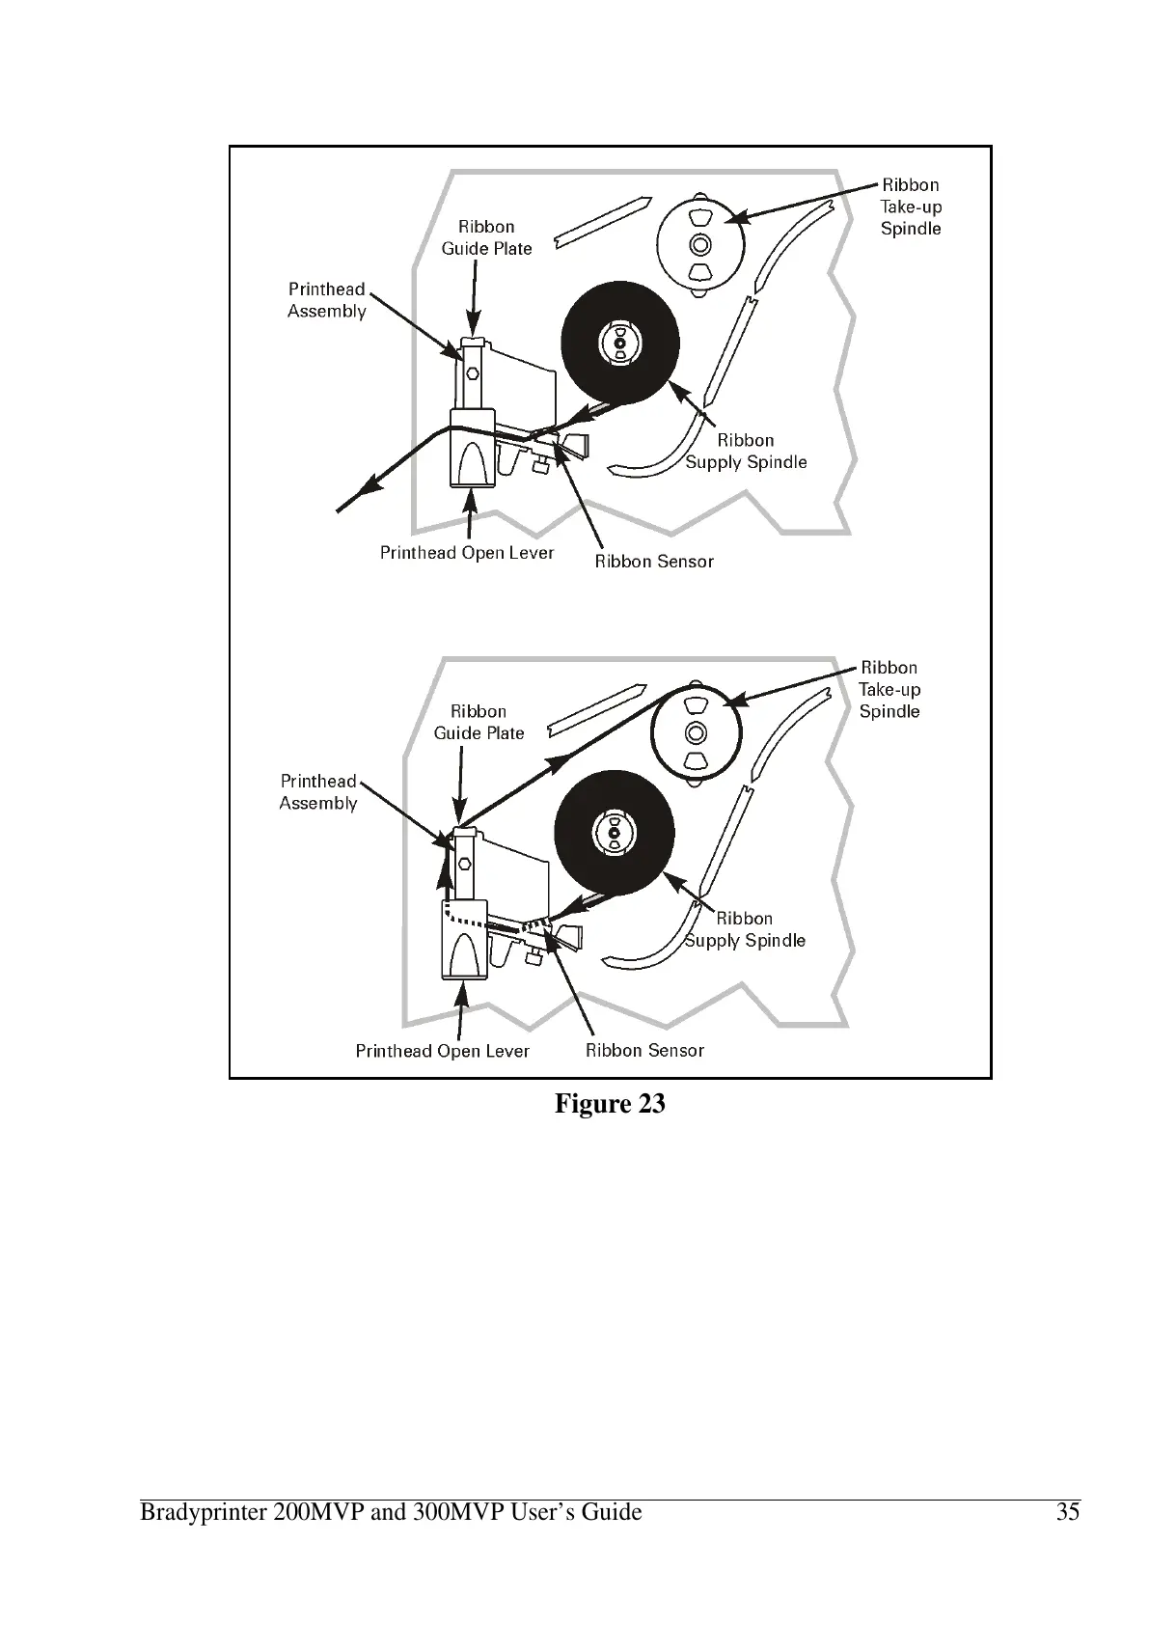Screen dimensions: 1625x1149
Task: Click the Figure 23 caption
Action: point(610,1104)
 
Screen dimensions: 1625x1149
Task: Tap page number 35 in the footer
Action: point(1067,1512)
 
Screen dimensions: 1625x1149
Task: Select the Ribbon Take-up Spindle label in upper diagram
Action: point(911,207)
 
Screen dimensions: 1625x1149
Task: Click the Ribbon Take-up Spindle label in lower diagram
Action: point(889,690)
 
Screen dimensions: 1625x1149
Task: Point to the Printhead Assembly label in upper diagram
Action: point(327,300)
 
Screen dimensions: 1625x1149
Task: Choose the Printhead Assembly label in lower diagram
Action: point(318,792)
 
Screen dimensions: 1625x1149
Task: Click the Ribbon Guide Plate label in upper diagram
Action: point(486,237)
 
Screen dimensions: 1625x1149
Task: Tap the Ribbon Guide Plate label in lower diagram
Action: point(479,722)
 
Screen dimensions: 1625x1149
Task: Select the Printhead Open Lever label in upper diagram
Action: point(467,553)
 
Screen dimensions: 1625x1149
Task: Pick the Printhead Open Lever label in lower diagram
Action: point(443,1051)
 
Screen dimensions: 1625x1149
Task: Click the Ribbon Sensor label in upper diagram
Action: point(654,562)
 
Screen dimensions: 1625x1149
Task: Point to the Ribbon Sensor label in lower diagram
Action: point(645,1051)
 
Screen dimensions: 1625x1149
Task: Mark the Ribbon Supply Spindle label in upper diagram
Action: point(746,452)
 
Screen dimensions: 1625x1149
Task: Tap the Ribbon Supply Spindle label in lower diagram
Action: point(745,929)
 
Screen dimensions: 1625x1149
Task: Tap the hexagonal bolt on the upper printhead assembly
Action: point(472,372)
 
